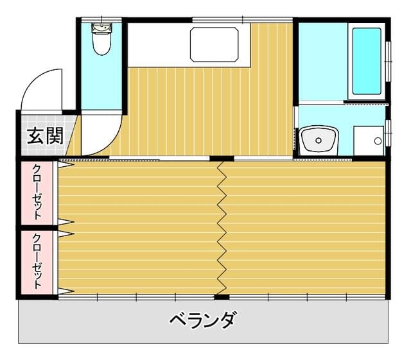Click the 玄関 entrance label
click(x=46, y=135)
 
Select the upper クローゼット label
click(x=37, y=193)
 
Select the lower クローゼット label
click(x=37, y=261)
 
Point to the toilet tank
click(x=102, y=28)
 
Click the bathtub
click(x=367, y=61)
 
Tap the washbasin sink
click(x=319, y=140)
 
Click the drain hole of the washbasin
click(x=319, y=141)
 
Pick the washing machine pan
click(x=369, y=141)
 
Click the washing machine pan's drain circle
click(x=378, y=141)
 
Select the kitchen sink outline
click(x=214, y=44)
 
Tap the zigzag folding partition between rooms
click(x=222, y=227)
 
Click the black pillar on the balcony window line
click(x=222, y=297)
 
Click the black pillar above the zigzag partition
click(x=222, y=159)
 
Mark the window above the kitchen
click(x=243, y=20)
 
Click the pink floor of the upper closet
click(x=37, y=193)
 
